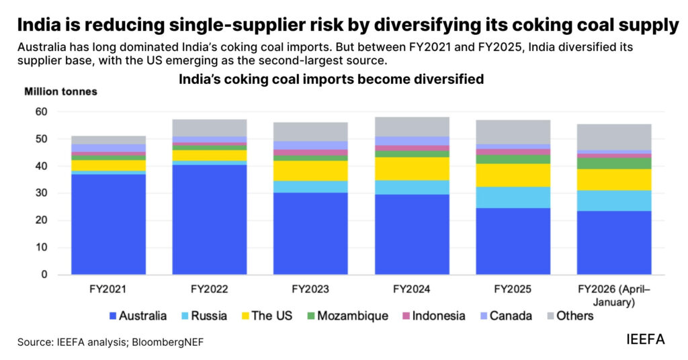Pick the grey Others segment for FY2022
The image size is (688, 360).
[x=210, y=128]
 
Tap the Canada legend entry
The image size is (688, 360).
[x=507, y=315]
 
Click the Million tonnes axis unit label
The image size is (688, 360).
[x=61, y=91]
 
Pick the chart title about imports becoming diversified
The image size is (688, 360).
[x=331, y=79]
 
